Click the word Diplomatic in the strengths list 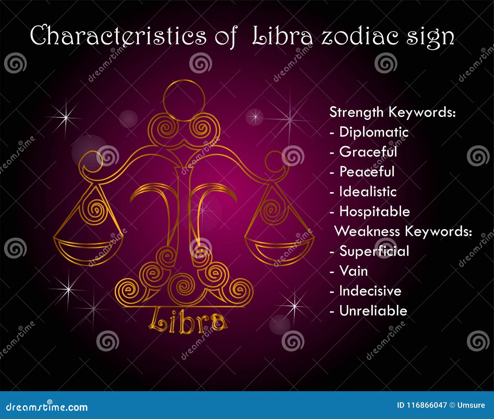point(374,132)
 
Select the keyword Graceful point(368,152)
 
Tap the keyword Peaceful point(367,172)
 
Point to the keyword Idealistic point(368,192)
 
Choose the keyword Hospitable point(375,212)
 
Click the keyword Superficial point(374,251)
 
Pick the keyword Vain point(354,271)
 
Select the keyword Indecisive point(370,291)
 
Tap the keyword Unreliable point(373,311)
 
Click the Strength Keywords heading point(392,112)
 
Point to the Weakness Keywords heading point(403,231)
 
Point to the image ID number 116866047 point(426,405)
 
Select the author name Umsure point(471,405)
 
